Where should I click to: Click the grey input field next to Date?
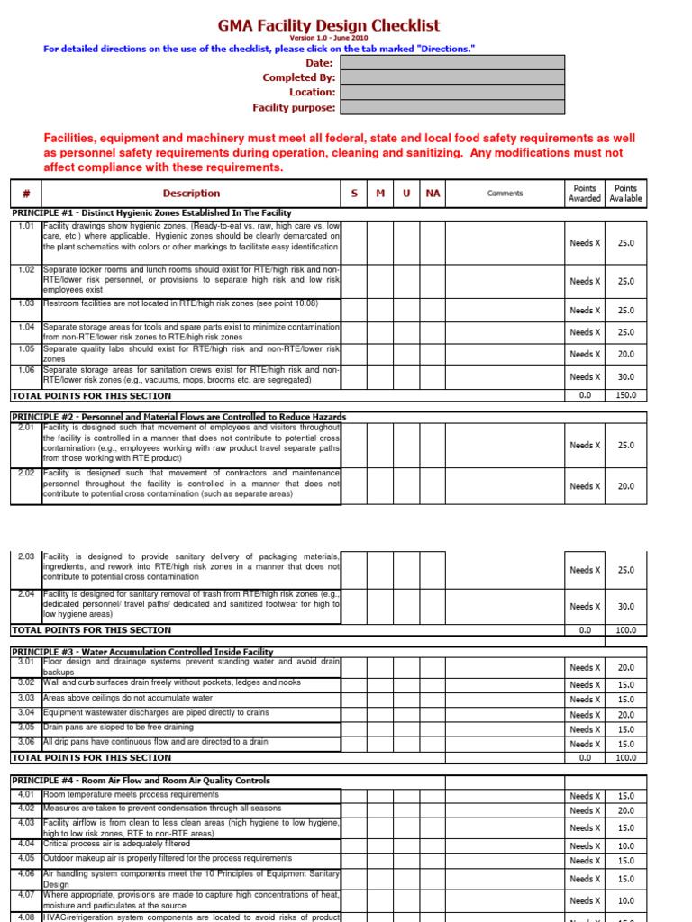452,63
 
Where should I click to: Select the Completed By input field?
452,77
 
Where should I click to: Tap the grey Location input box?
452,92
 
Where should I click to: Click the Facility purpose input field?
452,107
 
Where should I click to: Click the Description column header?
191,194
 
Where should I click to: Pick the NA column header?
433,194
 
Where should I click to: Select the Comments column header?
505,194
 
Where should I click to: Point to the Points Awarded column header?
585,194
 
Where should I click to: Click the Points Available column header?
625,194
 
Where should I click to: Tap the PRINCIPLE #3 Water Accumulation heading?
141,651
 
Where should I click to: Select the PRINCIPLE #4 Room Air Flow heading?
140,781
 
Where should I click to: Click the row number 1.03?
25,305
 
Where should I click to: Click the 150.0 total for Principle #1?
625,395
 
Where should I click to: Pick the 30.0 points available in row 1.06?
625,377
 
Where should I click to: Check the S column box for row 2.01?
353,445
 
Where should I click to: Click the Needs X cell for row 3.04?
585,715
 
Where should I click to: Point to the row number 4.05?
25,859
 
